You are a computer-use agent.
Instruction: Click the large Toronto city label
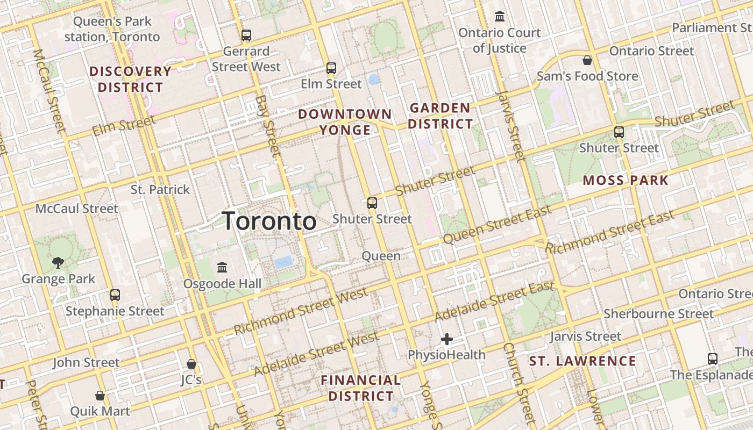pos(269,221)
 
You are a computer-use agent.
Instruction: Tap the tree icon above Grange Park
pos(58,263)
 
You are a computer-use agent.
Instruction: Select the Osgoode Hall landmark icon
pos(222,267)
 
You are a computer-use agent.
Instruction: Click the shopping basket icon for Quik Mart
pos(100,396)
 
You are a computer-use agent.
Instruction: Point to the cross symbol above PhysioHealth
pos(446,339)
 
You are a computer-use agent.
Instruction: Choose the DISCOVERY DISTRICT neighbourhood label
pos(130,79)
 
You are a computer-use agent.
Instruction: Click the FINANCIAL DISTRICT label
pos(361,388)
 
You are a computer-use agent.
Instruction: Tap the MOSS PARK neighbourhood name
pos(626,180)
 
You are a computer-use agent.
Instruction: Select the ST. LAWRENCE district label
pos(582,361)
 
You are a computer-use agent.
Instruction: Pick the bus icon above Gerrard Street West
pos(246,35)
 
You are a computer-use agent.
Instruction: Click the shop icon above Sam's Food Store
pos(587,60)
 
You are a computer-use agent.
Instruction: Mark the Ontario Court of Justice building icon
pos(500,17)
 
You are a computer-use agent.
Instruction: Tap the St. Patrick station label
pos(160,189)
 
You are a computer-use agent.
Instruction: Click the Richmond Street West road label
pos(301,311)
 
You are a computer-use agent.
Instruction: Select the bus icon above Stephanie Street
pos(115,295)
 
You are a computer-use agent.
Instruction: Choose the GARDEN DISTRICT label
pos(440,116)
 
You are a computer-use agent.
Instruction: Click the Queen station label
pos(381,256)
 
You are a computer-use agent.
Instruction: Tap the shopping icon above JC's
pos(191,364)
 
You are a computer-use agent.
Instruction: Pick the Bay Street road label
pos(268,126)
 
